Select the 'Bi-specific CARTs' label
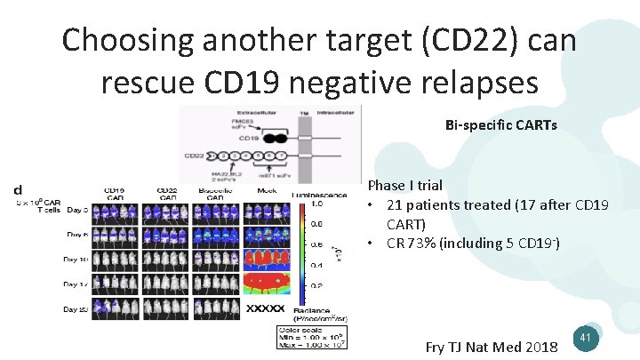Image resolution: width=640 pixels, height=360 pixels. pyautogui.click(x=500, y=125)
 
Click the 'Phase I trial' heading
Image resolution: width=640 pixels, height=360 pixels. pyautogui.click(x=405, y=186)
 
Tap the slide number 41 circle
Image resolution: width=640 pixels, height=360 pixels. pyautogui.click(x=584, y=338)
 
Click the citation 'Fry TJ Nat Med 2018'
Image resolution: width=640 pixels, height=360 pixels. pyautogui.click(x=492, y=347)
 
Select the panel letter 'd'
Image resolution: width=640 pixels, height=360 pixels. pyautogui.click(x=18, y=190)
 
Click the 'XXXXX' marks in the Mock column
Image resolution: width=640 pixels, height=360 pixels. pyautogui.click(x=265, y=308)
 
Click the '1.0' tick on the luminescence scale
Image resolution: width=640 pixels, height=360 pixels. pyautogui.click(x=315, y=204)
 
